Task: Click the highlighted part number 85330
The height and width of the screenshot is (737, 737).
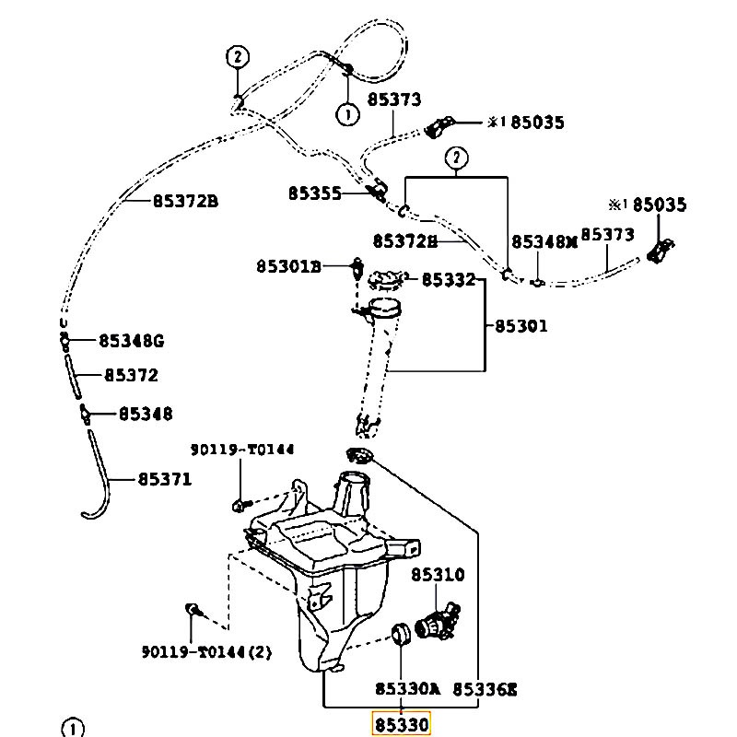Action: click(x=401, y=724)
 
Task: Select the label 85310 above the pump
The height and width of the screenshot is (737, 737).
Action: click(x=438, y=574)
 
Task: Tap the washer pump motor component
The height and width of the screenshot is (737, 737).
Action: click(x=437, y=620)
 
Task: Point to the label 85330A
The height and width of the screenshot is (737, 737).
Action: click(x=407, y=688)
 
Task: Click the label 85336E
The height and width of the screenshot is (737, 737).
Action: click(x=485, y=689)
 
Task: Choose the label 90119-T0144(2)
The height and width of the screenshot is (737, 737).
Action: click(x=206, y=652)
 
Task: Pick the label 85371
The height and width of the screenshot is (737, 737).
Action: click(x=165, y=479)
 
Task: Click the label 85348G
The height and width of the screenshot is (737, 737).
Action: click(x=132, y=340)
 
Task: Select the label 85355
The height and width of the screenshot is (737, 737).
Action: click(x=314, y=193)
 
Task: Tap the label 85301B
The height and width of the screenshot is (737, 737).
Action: click(x=288, y=266)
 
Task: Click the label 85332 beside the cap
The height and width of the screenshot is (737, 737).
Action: click(x=449, y=279)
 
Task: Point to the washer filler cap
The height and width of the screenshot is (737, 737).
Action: click(x=387, y=280)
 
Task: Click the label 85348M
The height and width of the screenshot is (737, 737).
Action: click(x=544, y=241)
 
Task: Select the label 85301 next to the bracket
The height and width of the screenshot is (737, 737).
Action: click(x=521, y=326)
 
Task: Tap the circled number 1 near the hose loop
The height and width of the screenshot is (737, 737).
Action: click(x=348, y=114)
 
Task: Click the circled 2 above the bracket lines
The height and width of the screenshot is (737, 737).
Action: click(x=457, y=158)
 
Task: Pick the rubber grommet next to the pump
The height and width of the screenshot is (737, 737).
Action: click(x=401, y=634)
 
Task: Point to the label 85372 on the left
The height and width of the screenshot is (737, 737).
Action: click(x=131, y=375)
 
